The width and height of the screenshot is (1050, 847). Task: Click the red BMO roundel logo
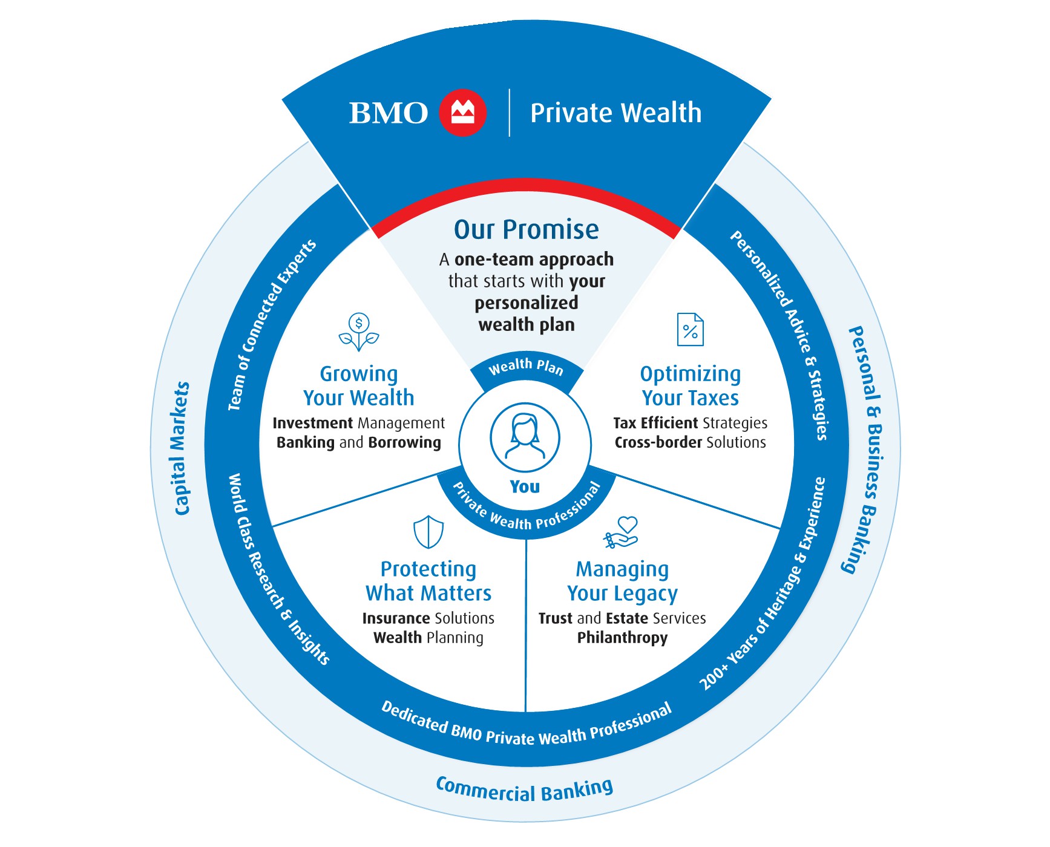(x=462, y=113)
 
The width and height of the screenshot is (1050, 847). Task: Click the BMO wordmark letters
(x=388, y=113)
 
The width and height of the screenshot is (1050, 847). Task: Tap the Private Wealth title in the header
(x=615, y=113)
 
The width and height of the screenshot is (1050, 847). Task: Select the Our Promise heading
(x=526, y=230)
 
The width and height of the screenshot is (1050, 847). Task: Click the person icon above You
(x=525, y=437)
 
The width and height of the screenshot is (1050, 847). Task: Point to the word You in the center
(x=525, y=486)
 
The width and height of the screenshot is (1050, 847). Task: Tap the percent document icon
(x=690, y=330)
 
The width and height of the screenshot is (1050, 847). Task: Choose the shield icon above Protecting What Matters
(x=428, y=532)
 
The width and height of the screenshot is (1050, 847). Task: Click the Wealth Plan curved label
(x=526, y=367)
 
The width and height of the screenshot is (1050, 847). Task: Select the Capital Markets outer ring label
(x=182, y=448)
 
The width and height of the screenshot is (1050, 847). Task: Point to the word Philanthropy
(x=622, y=638)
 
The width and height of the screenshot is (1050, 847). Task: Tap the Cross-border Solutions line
(x=690, y=442)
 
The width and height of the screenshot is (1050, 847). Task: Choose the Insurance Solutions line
(x=428, y=618)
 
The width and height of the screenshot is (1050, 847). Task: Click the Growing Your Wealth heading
(x=359, y=386)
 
